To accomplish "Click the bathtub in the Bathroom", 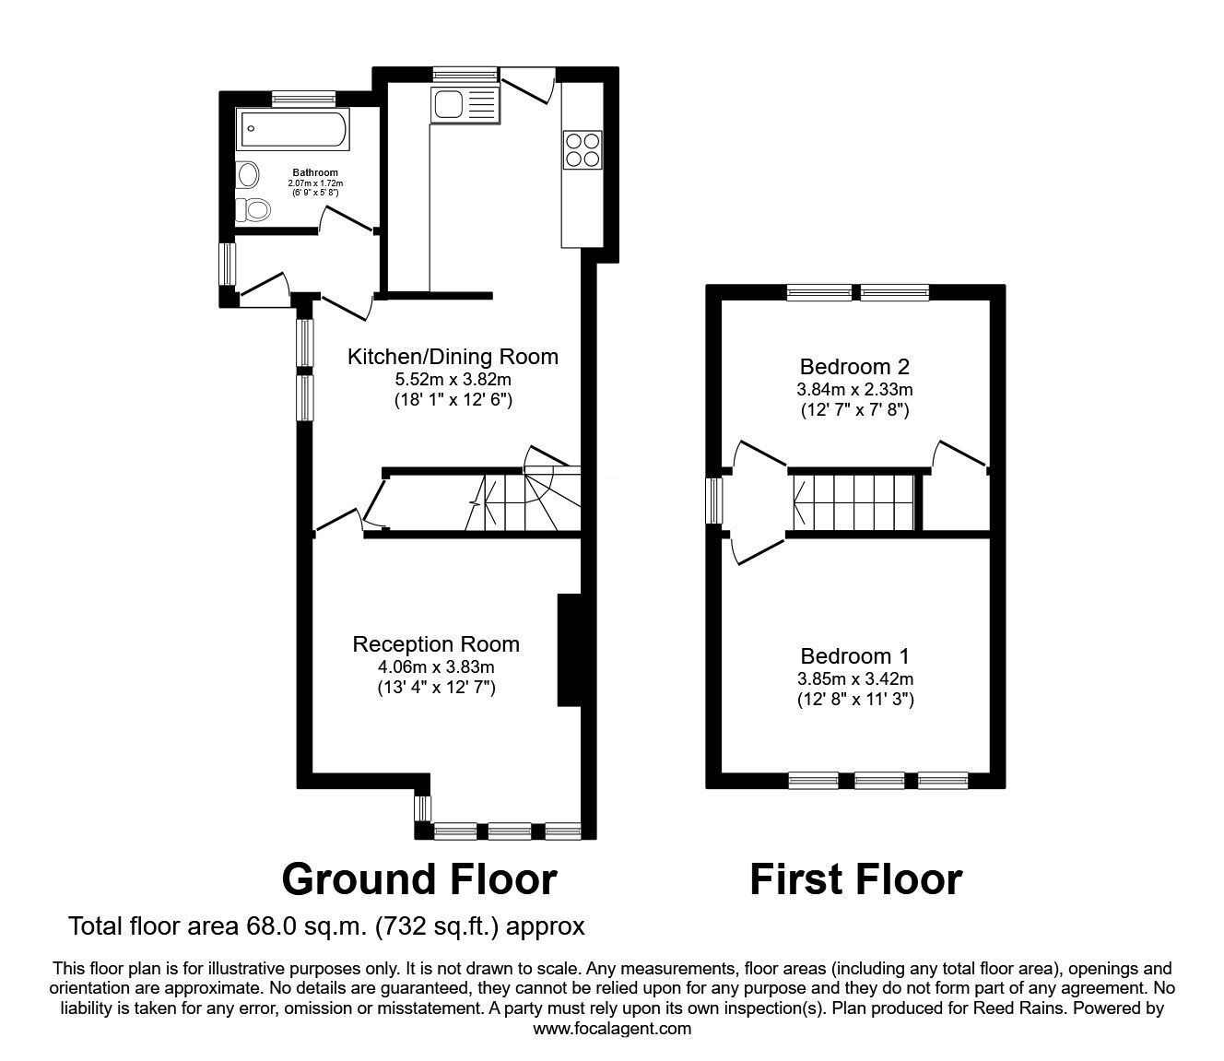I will pyautogui.click(x=293, y=130).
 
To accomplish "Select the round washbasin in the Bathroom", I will pyautogui.click(x=247, y=173).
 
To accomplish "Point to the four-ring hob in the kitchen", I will pyautogui.click(x=582, y=149).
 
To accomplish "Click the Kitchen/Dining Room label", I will pyautogui.click(x=453, y=357).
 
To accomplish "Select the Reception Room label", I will pyautogui.click(x=436, y=644).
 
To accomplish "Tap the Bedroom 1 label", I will pyautogui.click(x=854, y=656).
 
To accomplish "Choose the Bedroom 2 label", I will pyautogui.click(x=854, y=365).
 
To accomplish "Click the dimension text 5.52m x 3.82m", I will pyautogui.click(x=453, y=379).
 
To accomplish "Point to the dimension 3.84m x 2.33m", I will pyautogui.click(x=854, y=389).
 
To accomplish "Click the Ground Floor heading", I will pyautogui.click(x=418, y=879).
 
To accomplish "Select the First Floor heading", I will pyautogui.click(x=855, y=879).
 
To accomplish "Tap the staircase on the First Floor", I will pyautogui.click(x=853, y=502).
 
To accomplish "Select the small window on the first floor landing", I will pyautogui.click(x=713, y=501).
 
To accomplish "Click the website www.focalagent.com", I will pyautogui.click(x=612, y=1029).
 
